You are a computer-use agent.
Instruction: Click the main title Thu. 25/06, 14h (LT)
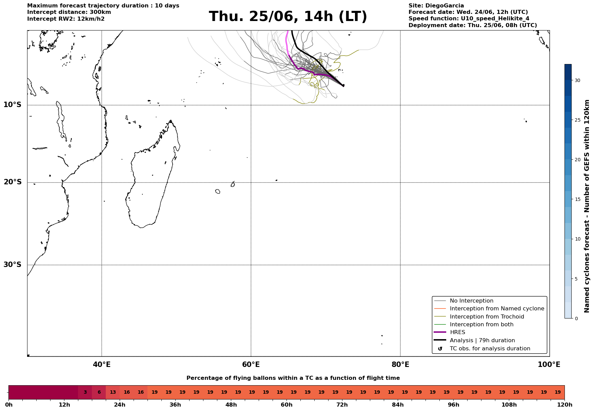[288, 17]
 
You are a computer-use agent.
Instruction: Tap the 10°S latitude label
[13, 105]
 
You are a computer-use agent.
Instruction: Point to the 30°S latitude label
[13, 265]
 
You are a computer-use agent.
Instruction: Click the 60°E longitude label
[251, 365]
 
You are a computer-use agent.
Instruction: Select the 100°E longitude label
[549, 365]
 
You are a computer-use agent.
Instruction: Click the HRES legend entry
[457, 332]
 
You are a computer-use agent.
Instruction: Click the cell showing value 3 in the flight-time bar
[85, 392]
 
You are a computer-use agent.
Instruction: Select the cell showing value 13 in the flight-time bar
[113, 392]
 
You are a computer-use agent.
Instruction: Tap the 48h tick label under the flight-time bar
[231, 405]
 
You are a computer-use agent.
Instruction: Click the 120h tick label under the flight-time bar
[565, 405]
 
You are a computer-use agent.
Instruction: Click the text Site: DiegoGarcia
[436, 6]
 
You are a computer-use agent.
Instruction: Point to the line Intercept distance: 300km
[69, 12]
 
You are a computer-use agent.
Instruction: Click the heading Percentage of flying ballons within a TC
[293, 378]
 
